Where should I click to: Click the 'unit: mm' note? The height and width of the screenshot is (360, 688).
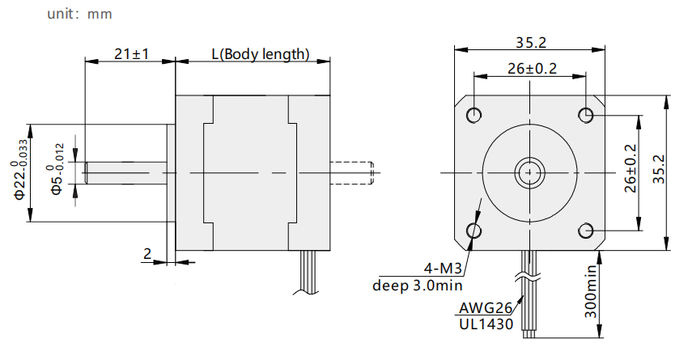tap(79, 14)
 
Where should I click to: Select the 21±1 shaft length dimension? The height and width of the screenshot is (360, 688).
tap(132, 54)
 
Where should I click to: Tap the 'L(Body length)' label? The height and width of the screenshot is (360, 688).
tap(261, 54)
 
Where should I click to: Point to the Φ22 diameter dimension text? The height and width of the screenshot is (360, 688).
tap(20, 169)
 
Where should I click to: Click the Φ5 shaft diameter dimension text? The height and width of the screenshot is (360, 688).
tap(56, 169)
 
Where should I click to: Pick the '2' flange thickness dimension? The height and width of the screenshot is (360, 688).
tap(147, 253)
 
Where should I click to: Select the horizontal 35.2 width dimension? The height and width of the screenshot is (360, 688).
tap(530, 43)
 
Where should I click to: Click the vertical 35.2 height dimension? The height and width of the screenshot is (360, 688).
tap(659, 169)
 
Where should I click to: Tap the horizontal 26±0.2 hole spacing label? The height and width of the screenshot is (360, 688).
tap(532, 69)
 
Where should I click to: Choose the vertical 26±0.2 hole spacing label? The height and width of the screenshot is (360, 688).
tap(630, 169)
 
